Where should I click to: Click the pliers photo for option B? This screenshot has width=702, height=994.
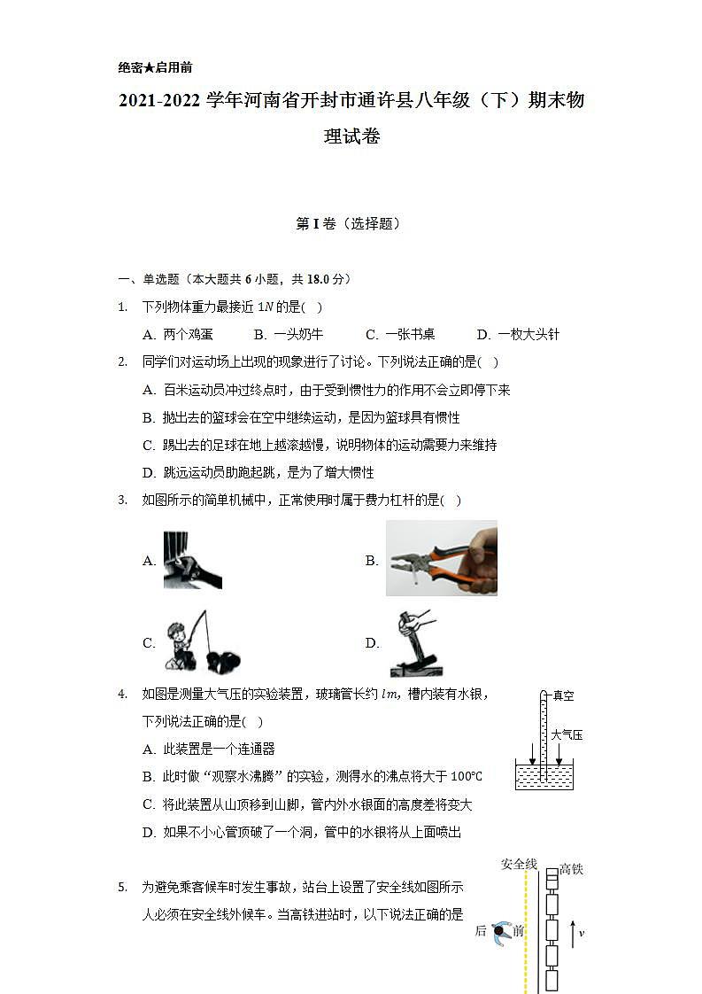(441, 558)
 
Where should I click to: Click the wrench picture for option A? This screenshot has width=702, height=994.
(192, 560)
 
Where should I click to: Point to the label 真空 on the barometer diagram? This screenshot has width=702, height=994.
(563, 696)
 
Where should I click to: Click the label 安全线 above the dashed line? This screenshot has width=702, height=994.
(519, 864)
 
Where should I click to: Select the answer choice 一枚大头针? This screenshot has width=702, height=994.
(528, 335)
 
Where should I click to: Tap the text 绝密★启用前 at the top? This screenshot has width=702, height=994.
(155, 67)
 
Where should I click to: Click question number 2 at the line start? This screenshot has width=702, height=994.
(122, 361)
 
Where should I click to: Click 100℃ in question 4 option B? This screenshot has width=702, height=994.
(467, 777)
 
